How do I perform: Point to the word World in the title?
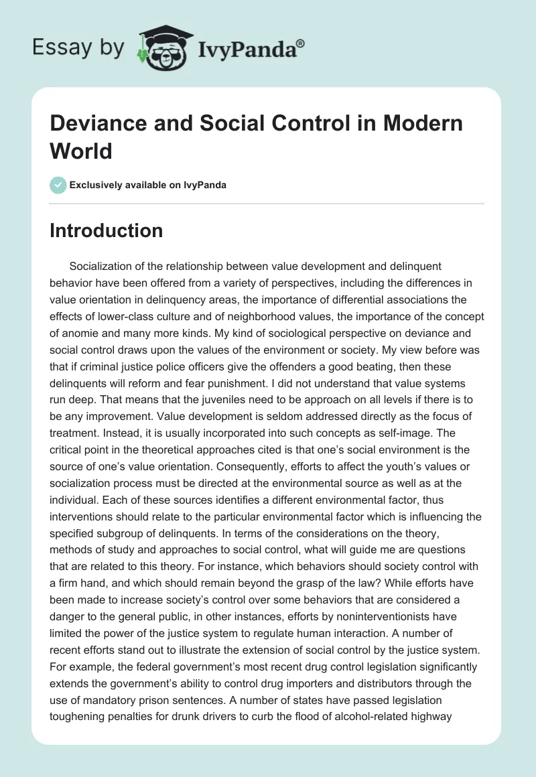[81, 151]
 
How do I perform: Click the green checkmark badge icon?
[58, 185]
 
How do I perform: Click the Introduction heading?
[107, 230]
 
